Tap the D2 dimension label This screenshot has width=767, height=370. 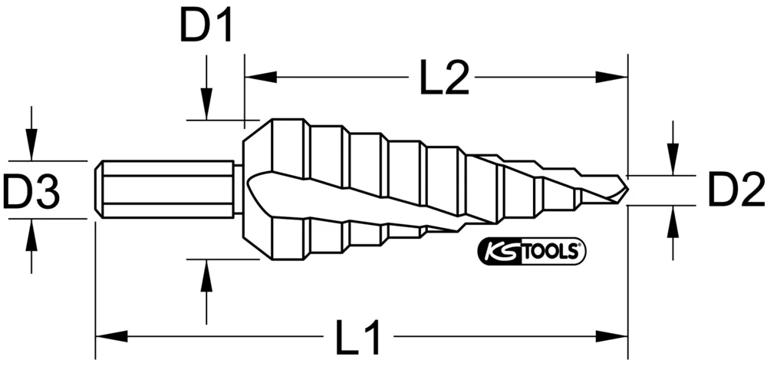pyautogui.click(x=735, y=190)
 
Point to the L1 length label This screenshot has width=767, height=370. pyautogui.click(x=359, y=337)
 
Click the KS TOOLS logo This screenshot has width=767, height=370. pyautogui.click(x=532, y=251)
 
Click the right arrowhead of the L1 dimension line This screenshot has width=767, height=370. pyautogui.click(x=613, y=336)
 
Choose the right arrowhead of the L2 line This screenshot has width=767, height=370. pyautogui.click(x=613, y=77)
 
